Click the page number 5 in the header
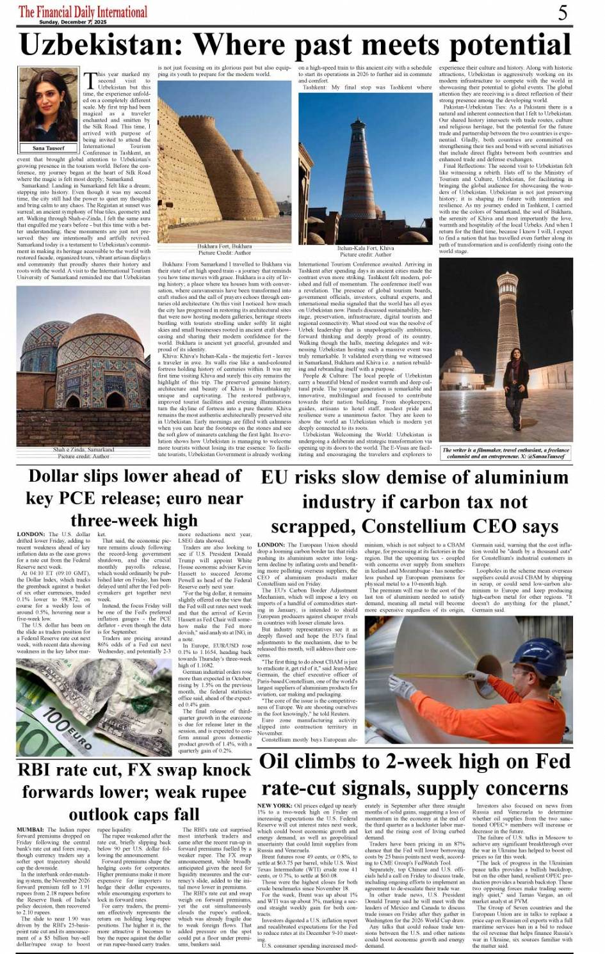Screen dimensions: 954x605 pos(563,12)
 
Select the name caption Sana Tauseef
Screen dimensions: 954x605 pos(49,148)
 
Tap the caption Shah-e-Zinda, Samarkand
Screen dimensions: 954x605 pos(83,449)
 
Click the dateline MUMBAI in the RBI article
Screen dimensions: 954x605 pos(31,830)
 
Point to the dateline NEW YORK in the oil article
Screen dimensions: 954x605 pos(275,806)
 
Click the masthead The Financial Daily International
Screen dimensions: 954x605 pos(83,12)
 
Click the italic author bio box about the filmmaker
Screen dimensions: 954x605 pos(506,453)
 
